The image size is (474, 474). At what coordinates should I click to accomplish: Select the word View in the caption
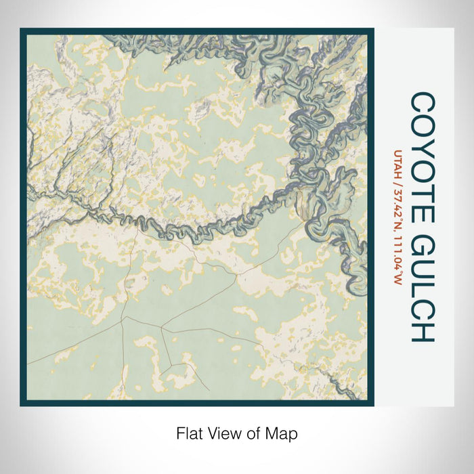[221, 433]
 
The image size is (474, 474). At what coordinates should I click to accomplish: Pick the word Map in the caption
[284, 433]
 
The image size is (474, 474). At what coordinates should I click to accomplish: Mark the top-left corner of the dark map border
[22, 29]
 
